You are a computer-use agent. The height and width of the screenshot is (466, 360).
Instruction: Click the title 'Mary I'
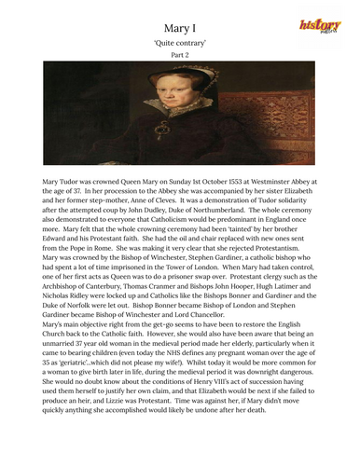pyautogui.click(x=179, y=29)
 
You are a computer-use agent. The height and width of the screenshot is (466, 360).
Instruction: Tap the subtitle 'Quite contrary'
pyautogui.click(x=179, y=47)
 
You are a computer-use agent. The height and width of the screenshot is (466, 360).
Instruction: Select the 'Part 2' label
pyautogui.click(x=179, y=62)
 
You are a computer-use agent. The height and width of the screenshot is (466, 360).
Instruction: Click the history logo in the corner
pyautogui.click(x=319, y=29)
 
